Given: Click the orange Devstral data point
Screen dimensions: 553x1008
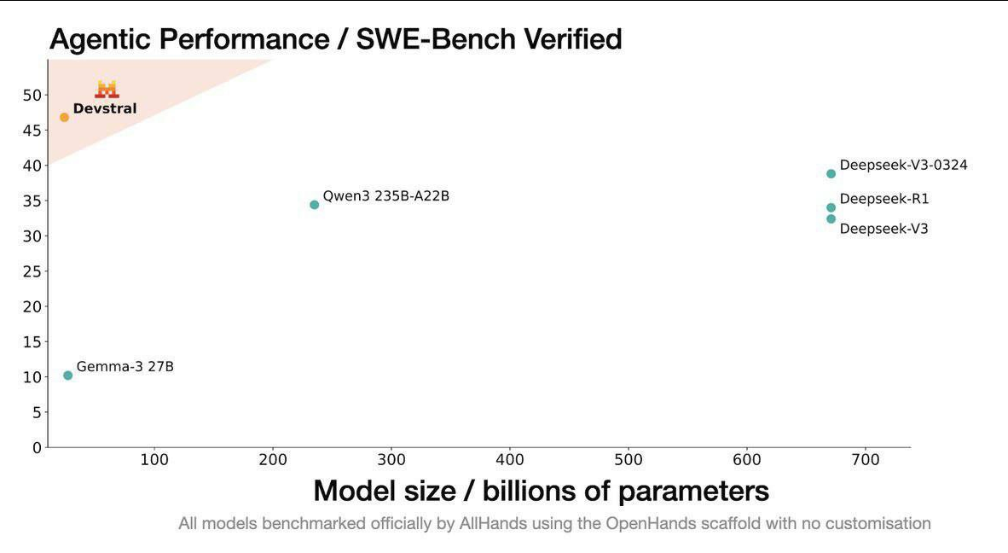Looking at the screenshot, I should click(x=64, y=117).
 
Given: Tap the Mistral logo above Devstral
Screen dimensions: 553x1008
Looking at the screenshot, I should click(x=107, y=89).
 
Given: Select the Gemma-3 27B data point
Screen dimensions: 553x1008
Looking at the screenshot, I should click(x=68, y=375).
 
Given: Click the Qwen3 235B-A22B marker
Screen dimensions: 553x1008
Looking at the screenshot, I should click(x=315, y=205).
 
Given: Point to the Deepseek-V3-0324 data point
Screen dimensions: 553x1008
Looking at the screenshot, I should click(x=831, y=174).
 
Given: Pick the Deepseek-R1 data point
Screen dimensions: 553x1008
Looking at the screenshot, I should click(x=831, y=207).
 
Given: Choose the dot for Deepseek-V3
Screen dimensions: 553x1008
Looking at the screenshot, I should click(x=831, y=219).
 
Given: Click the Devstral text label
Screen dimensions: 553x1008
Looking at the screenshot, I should click(x=105, y=108).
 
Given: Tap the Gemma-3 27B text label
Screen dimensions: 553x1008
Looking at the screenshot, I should click(x=125, y=367).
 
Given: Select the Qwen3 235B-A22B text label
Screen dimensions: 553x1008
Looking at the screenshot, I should click(x=385, y=196).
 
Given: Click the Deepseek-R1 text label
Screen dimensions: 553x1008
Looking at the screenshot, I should click(x=884, y=199).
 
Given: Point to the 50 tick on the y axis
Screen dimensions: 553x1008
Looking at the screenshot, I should click(x=32, y=95).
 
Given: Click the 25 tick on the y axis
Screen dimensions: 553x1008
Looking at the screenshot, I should click(x=32, y=271).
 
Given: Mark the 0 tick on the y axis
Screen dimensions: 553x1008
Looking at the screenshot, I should click(x=37, y=447).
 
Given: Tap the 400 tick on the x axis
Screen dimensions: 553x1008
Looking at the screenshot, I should click(x=510, y=461).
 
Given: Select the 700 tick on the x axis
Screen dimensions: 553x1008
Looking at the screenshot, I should click(x=866, y=461).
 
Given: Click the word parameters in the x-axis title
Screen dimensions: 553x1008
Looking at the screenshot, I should click(x=693, y=491).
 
